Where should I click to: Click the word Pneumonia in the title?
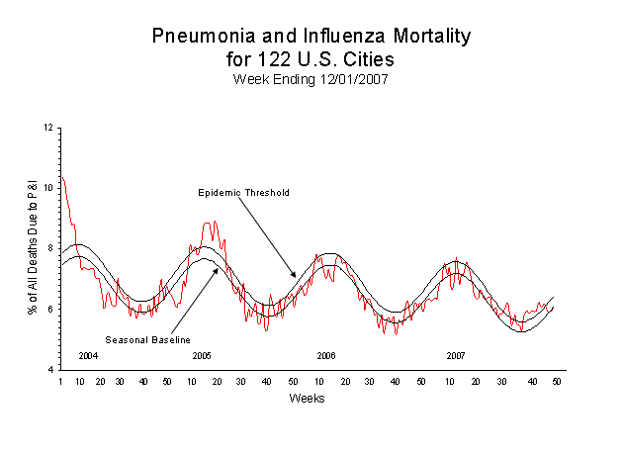198,36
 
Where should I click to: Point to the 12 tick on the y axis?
47,128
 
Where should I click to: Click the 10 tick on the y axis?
47,188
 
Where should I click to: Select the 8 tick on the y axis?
49,248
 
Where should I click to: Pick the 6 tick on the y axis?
49,309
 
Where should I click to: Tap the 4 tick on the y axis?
49,369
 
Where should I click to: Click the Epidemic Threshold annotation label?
243,192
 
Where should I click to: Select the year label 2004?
88,355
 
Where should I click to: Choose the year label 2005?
202,355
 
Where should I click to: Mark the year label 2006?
327,355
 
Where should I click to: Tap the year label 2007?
455,355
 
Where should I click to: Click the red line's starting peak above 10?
62,179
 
